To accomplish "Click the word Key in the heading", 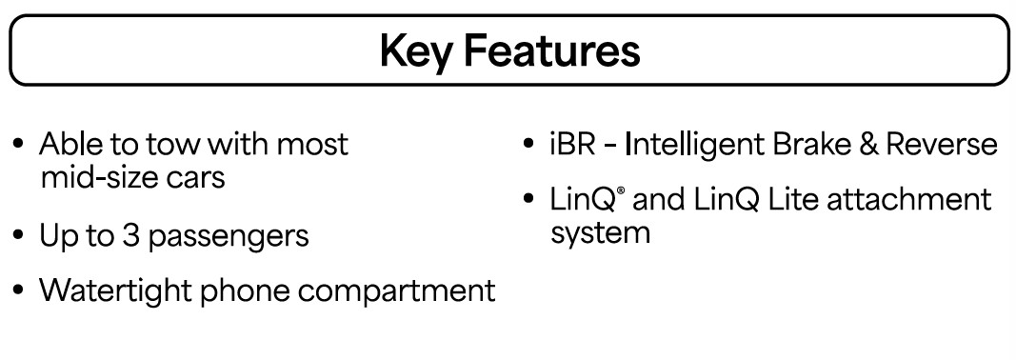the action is [415, 50].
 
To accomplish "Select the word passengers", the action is [229, 238].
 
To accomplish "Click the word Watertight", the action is [115, 290].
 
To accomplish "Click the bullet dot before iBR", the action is [528, 144].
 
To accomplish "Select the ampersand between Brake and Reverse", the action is [868, 144].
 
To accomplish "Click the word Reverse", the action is [942, 144].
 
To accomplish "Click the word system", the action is [600, 233].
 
